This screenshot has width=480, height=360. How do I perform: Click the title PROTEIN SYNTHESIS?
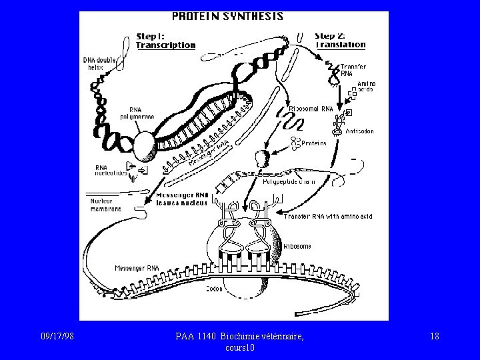227,16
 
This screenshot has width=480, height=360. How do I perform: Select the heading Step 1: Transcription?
165,41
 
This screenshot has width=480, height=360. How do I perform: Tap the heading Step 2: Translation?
340,40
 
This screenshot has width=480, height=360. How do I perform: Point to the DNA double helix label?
99,63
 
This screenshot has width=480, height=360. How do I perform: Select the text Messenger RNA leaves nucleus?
182,199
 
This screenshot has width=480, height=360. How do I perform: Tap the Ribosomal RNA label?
311,108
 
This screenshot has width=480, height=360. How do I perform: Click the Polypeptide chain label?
288,181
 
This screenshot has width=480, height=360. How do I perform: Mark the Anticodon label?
359,131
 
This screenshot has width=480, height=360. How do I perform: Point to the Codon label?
214,289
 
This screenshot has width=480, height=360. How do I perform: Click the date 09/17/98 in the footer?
57,337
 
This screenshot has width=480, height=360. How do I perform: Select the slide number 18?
435,337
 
